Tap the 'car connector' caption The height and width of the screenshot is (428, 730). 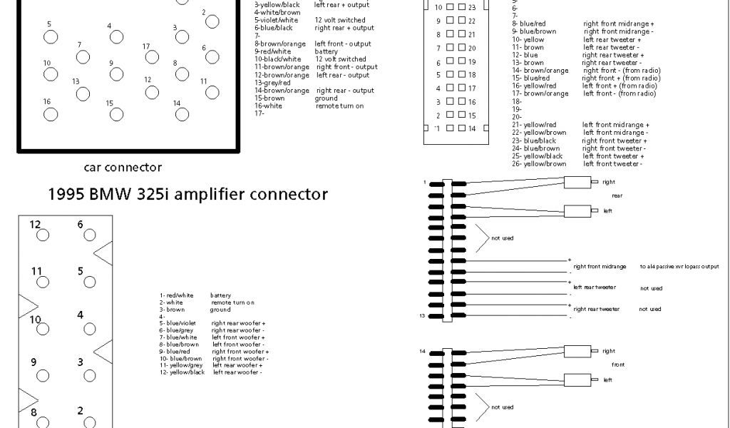pyautogui.click(x=123, y=168)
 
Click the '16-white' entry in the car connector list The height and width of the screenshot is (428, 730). pyautogui.click(x=269, y=106)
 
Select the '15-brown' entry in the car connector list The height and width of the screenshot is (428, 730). pyautogui.click(x=269, y=98)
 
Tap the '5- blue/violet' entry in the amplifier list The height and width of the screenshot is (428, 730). pyautogui.click(x=178, y=323)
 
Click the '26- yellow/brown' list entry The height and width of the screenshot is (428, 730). pyautogui.click(x=539, y=164)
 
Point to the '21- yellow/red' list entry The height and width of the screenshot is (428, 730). pyautogui.click(x=535, y=125)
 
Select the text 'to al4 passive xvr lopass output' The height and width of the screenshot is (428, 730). pyautogui.click(x=679, y=267)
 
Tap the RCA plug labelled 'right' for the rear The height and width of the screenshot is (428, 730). pyautogui.click(x=579, y=182)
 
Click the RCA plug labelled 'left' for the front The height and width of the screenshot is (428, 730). pyautogui.click(x=579, y=379)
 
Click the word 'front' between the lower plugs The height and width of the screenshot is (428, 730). pyautogui.click(x=618, y=365)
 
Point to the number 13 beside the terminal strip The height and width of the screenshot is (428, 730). pyautogui.click(x=423, y=315)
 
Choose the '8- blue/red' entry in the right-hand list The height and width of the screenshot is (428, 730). pyautogui.click(x=529, y=24)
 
